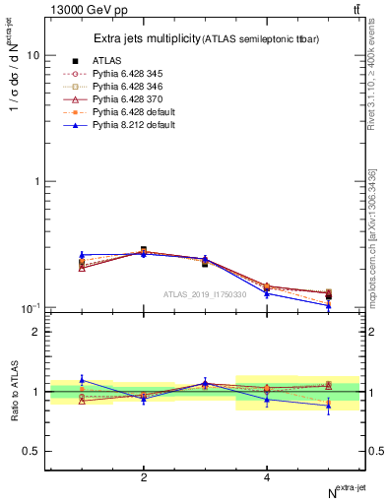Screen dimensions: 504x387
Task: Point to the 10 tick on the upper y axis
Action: [32, 56]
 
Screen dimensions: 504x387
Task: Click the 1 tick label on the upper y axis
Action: [35, 182]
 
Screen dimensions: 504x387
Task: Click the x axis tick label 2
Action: [144, 477]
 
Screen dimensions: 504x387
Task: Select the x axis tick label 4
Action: [267, 477]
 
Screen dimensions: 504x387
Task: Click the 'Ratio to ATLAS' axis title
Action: [12, 392]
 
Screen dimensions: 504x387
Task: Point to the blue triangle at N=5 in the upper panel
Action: [329, 305]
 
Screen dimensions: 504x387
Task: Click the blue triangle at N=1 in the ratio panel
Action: [82, 379]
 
